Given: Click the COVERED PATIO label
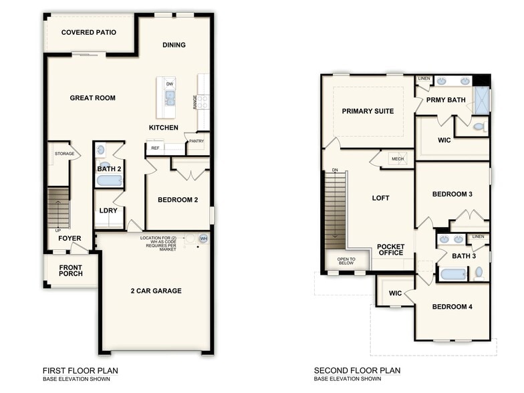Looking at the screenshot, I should tap(89, 32).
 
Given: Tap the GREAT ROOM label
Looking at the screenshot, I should tap(92, 98).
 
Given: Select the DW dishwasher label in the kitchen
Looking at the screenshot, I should tap(170, 84).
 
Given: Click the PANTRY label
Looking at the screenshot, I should tap(196, 141).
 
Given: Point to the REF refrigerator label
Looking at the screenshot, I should tap(155, 148).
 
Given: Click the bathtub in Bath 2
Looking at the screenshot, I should tap(109, 180).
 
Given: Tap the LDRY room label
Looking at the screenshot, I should tap(108, 211).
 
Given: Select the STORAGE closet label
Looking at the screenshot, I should tap(64, 154).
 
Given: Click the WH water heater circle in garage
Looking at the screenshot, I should tap(203, 239).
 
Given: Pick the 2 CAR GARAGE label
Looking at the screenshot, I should tap(156, 291).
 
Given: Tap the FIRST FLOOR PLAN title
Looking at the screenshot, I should tap(81, 370).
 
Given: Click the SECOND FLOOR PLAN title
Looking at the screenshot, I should tap(358, 370).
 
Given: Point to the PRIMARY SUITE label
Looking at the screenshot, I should tap(368, 111).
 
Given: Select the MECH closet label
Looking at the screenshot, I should tap(398, 159).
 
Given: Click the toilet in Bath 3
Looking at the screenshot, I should tap(479, 273).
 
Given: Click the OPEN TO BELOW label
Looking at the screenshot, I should tap(346, 261).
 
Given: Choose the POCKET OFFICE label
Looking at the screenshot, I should tap(390, 249).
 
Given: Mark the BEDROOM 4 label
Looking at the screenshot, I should tap(452, 307).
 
